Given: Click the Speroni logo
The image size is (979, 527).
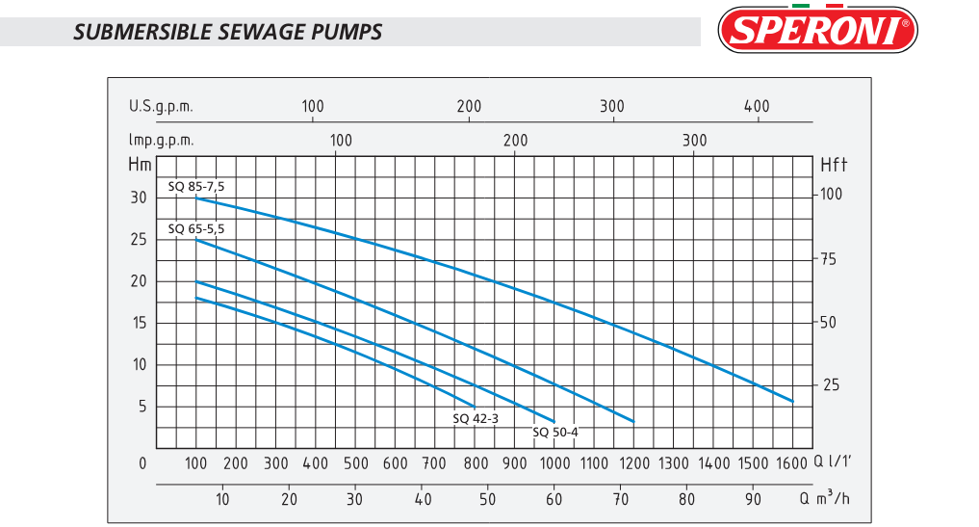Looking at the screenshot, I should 818,30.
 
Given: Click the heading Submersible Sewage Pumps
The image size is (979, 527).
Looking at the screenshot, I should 227,32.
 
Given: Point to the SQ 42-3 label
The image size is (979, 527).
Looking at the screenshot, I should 475,418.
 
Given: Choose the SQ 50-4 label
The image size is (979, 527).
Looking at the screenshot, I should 555,432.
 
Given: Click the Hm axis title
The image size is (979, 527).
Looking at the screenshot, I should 140,163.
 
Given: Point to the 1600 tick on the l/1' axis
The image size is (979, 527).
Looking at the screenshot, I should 792,463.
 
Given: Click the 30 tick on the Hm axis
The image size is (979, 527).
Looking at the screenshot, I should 140,198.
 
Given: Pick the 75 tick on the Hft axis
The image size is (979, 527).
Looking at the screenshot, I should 829,259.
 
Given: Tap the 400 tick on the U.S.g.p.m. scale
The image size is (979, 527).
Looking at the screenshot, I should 758,106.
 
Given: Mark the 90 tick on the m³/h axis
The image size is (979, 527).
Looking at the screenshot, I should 753,499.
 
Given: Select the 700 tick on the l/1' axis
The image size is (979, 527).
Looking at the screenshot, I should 435,463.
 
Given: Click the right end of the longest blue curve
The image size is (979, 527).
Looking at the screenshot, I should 792,401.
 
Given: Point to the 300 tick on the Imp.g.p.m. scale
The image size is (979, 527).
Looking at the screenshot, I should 694,140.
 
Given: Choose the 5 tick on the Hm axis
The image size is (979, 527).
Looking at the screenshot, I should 142,407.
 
